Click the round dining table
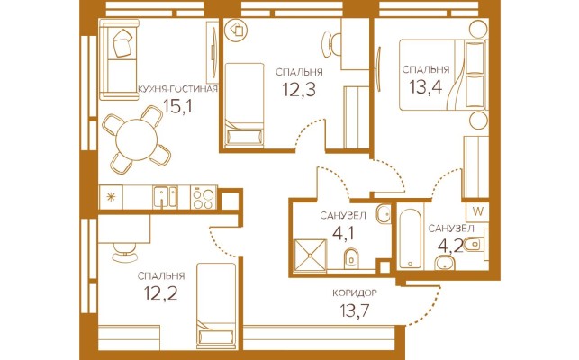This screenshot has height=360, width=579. click(x=137, y=139)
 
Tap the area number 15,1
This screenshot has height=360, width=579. click(x=178, y=107)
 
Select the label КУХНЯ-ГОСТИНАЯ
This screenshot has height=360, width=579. click(x=177, y=89)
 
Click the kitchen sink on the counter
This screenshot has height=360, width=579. click(x=166, y=197)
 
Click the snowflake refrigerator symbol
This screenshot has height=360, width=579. click(x=111, y=197)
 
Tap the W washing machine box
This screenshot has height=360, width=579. click(x=478, y=211)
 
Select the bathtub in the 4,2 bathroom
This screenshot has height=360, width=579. click(x=411, y=238)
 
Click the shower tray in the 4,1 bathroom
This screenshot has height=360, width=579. click(x=310, y=256)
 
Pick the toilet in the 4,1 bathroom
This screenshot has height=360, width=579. click(x=351, y=258)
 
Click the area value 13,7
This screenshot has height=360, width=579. click(x=355, y=310)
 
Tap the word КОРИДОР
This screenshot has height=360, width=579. click(x=355, y=293)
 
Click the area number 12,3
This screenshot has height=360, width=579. click(x=299, y=89)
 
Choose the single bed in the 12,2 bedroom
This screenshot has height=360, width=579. click(x=216, y=306)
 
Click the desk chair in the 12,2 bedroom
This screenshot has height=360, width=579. click(x=125, y=252)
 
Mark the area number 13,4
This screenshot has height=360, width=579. click(x=426, y=86)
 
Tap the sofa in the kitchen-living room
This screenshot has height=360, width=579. click(x=119, y=59)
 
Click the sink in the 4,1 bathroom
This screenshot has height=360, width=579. click(x=384, y=213)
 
